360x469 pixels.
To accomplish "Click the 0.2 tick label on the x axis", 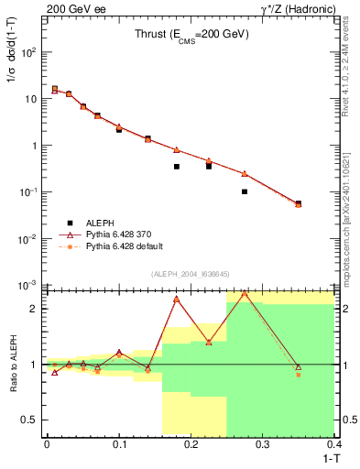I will pyautogui.click(x=191, y=444).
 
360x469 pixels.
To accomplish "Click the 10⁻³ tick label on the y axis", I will pyautogui.click(x=28, y=285).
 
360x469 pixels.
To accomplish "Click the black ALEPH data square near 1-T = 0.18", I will pyautogui.click(x=177, y=167).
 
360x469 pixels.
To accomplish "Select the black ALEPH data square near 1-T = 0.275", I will pyautogui.click(x=245, y=191).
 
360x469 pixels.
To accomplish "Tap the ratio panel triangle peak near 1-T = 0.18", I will pyautogui.click(x=177, y=300).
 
